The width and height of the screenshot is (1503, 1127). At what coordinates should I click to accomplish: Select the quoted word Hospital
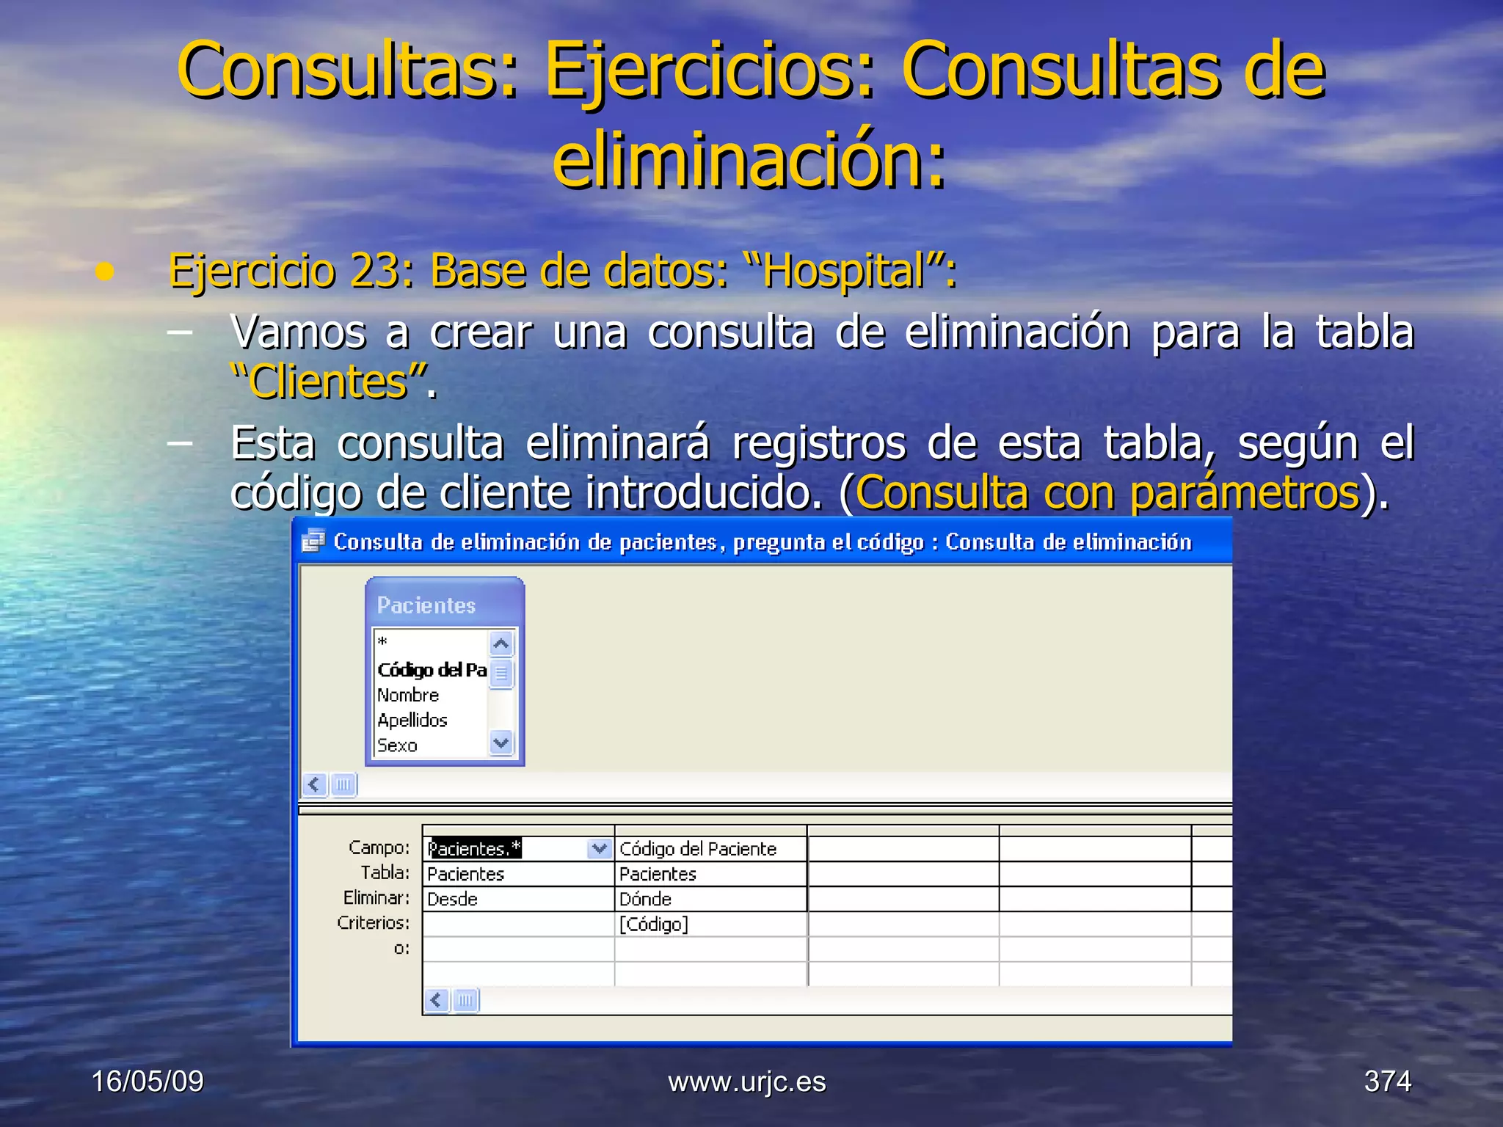coord(843,271)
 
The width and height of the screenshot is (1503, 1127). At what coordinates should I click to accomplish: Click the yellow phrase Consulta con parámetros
coord(1107,492)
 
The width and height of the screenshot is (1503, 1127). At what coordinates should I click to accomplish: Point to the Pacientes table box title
coord(426,605)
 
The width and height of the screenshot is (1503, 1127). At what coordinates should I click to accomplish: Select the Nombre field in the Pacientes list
coord(408,695)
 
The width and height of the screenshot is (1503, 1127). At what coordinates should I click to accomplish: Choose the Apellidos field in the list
coord(412,720)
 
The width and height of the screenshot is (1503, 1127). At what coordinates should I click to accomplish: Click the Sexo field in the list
coord(397,745)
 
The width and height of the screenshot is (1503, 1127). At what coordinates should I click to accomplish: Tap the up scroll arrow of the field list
coord(501,644)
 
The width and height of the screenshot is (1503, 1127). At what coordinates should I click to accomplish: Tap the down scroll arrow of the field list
coord(501,743)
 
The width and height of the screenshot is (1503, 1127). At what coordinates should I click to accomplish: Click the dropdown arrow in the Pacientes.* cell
coord(600,849)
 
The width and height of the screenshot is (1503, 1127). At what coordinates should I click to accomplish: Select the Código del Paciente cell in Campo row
coord(698,849)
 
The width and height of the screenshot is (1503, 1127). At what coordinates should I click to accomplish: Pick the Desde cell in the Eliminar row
coord(453,899)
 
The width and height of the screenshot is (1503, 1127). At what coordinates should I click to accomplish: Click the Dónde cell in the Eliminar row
coord(646,899)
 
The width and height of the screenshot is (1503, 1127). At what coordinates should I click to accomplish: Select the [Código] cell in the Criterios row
coord(654,924)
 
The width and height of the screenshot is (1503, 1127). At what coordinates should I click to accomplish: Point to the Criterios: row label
coord(374,922)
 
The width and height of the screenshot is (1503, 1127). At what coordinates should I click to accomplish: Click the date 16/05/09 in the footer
coord(148,1082)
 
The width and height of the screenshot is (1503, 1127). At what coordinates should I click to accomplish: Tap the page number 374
coord(1387,1082)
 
